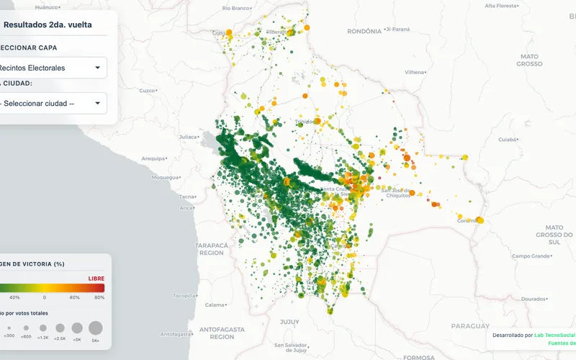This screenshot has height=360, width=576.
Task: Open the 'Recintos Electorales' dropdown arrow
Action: (x=97, y=68)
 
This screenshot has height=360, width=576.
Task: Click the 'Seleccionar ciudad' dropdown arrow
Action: (x=97, y=103)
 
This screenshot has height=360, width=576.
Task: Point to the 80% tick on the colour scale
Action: (x=99, y=297)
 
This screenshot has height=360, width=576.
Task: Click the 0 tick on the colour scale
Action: (x=45, y=297)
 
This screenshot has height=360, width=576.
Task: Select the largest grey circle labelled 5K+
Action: (x=96, y=328)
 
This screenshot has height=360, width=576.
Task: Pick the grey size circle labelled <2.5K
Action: (x=60, y=328)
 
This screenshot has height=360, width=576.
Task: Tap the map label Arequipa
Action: (x=153, y=158)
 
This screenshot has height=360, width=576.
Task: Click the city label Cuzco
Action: (x=148, y=91)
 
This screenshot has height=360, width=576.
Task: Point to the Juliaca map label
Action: (x=187, y=137)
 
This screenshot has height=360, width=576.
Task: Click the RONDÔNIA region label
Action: (x=364, y=32)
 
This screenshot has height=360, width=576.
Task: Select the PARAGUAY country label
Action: (x=469, y=325)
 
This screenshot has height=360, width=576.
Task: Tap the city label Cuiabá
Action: (x=508, y=140)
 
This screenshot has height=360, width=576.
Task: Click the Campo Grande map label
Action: (x=531, y=256)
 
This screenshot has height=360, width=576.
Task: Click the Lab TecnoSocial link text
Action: (x=554, y=335)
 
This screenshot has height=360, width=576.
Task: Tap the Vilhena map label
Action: (x=415, y=72)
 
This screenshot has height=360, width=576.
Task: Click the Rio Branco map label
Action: (x=235, y=8)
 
